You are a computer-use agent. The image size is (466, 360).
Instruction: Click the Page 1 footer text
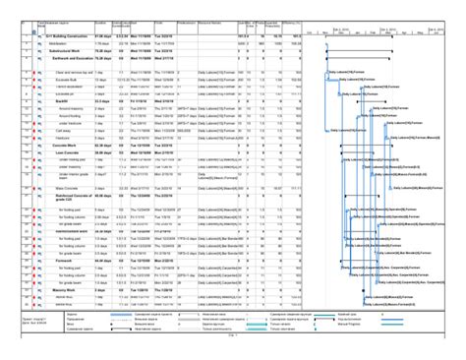click(x=234, y=335)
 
